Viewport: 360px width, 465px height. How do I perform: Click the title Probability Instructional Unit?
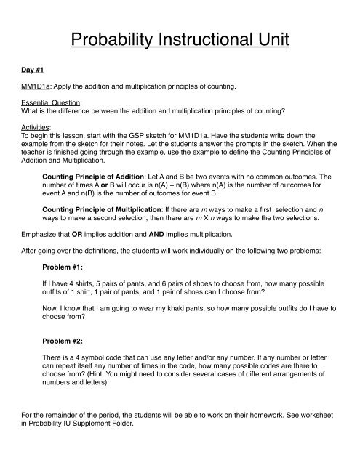(180, 35)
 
